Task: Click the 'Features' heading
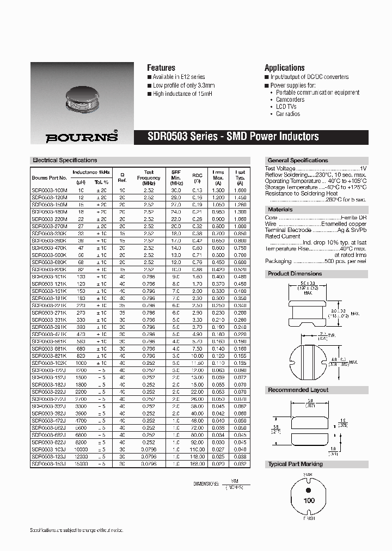[161, 68]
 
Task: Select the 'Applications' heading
[284, 68]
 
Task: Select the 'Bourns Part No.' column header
[49, 178]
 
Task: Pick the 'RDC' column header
[197, 175]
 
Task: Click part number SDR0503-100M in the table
[49, 191]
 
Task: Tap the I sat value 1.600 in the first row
[240, 191]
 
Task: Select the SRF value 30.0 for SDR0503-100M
[175, 191]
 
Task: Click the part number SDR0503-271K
[49, 314]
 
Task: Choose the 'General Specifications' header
[298, 160]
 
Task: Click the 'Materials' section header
[280, 209]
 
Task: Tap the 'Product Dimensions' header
[295, 273]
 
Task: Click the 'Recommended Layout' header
[298, 390]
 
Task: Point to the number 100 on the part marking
[309, 500]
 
